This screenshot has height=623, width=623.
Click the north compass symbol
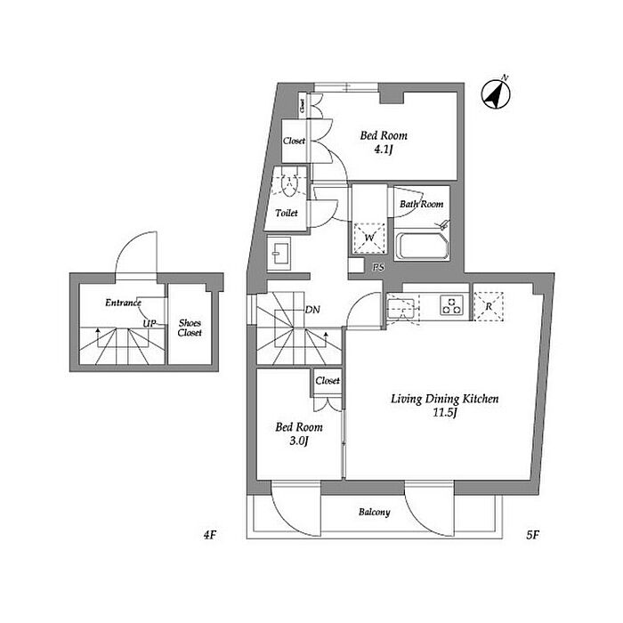click(x=496, y=94)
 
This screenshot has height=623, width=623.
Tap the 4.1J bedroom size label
click(x=383, y=150)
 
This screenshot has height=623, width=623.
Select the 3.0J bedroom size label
click(x=298, y=441)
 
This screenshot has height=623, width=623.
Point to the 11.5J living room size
click(x=445, y=412)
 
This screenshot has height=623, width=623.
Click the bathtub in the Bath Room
click(x=422, y=246)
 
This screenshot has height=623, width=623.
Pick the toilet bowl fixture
click(x=289, y=185)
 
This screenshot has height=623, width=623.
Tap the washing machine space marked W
click(x=369, y=238)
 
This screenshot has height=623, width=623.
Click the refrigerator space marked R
click(x=489, y=306)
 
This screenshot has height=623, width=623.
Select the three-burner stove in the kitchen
click(x=452, y=305)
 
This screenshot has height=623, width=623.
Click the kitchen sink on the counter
click(x=401, y=309)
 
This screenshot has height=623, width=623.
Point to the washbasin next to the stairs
click(x=279, y=254)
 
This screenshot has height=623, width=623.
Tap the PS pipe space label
click(x=378, y=268)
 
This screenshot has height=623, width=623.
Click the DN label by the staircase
click(x=312, y=310)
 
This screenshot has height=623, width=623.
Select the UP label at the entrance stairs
click(x=150, y=323)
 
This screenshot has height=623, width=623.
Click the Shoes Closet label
click(x=190, y=328)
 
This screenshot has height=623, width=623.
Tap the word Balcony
click(x=375, y=512)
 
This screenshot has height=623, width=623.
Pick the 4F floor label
click(x=209, y=535)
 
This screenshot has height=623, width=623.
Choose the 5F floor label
click(x=532, y=535)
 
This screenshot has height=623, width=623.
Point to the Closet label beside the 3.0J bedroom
click(x=328, y=381)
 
